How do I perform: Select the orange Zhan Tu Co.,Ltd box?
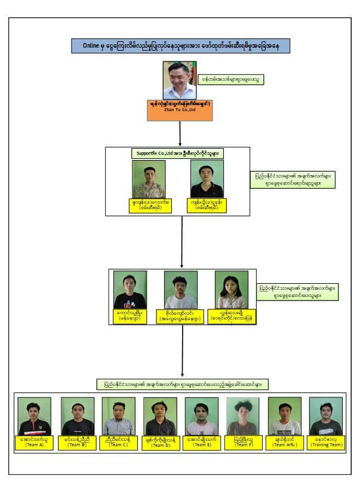point(180,110)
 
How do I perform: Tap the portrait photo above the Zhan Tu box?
point(180,80)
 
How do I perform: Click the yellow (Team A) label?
point(34,442)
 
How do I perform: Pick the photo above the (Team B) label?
point(78,416)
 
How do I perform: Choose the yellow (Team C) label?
point(118,442)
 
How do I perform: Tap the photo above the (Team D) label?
point(160,416)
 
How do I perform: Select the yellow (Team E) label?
point(202,442)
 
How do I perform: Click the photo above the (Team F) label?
point(243,416)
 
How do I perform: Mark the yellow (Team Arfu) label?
point(285,442)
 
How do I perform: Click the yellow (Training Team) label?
point(326,442)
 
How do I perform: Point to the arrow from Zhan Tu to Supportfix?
point(180,133)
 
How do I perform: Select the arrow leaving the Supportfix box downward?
point(181,241)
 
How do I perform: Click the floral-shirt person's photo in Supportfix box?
point(149,179)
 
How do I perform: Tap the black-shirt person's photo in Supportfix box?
point(207,179)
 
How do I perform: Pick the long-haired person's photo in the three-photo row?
point(232,290)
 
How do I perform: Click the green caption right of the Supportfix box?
point(293,180)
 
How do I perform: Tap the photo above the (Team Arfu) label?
point(285,416)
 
